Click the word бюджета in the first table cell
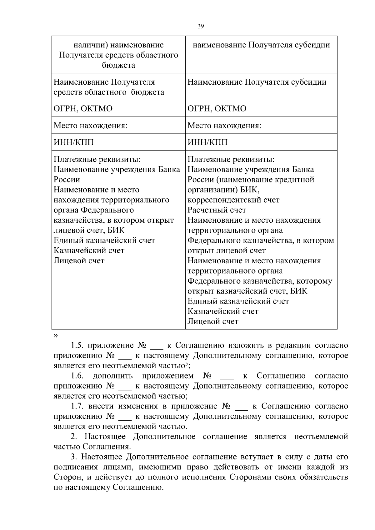[x=118, y=65]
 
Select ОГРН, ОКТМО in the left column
[x=83, y=109]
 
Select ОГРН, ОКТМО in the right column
[x=217, y=109]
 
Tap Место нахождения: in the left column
[x=91, y=126]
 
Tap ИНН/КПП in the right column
[x=207, y=142]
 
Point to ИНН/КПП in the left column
[x=74, y=142]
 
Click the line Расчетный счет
[x=217, y=210]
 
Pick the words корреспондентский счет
[x=233, y=200]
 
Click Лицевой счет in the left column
[x=79, y=261]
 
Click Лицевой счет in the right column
[x=213, y=321]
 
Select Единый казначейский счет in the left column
[x=104, y=240]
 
